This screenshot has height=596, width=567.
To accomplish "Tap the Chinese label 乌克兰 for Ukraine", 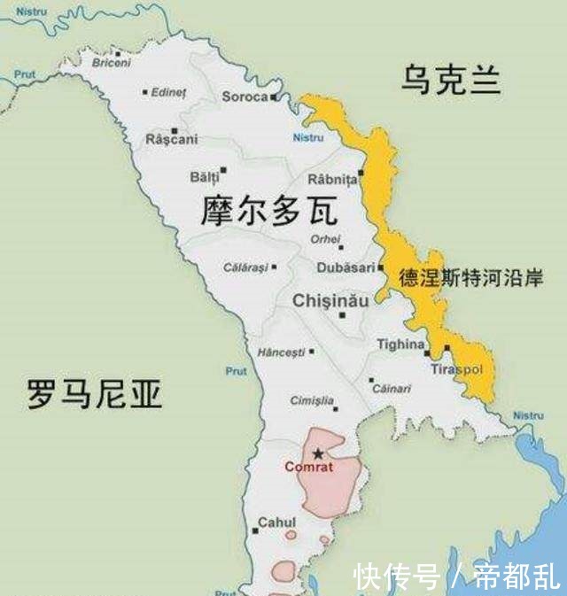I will point(450,80).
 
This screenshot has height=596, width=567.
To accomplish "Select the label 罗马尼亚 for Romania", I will point(94,393).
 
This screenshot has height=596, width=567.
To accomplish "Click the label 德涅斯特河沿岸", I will point(470,276).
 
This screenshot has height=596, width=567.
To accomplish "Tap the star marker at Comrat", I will point(318,453).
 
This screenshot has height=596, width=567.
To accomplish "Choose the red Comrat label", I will point(309,466).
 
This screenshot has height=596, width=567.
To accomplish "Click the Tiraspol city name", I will point(454,368).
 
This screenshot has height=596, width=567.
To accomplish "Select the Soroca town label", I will point(245,97).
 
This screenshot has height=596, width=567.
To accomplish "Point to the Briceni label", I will point(111,62).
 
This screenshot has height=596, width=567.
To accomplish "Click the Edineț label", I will point(168,92).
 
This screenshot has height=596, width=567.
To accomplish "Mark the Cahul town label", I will point(276,522).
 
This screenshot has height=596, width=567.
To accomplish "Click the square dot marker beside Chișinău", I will point(343,314).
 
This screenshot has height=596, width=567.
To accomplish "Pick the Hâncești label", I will point(280,352).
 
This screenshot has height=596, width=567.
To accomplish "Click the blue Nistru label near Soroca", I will point(308,137).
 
